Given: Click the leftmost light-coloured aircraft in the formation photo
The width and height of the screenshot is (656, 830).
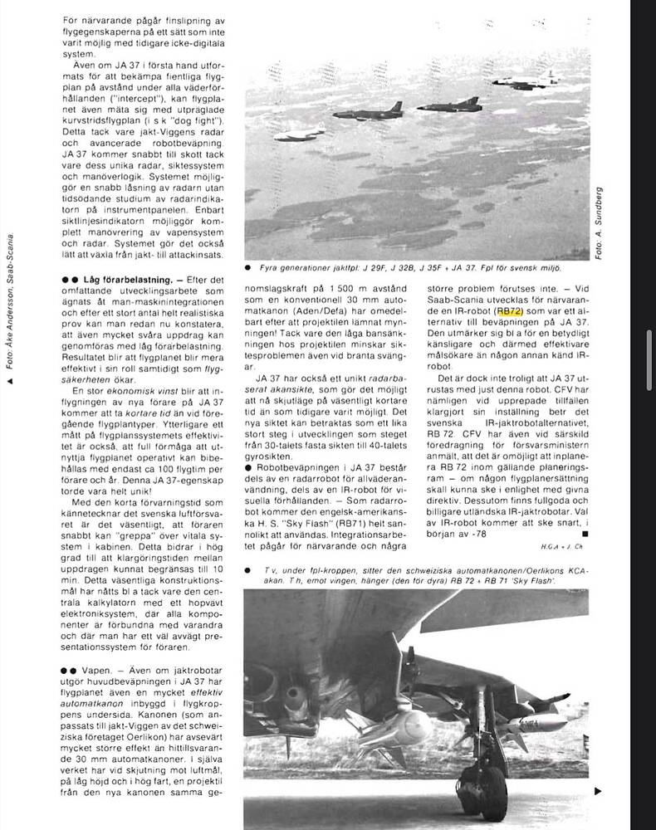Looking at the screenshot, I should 299,134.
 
